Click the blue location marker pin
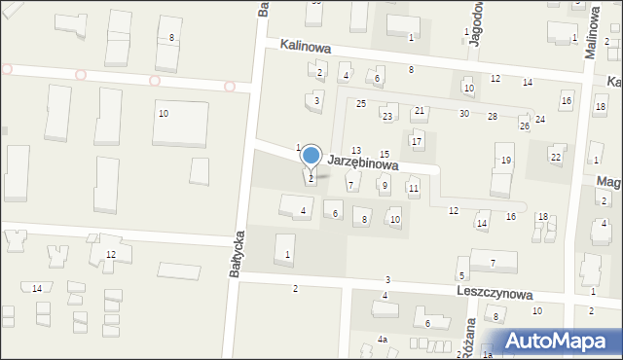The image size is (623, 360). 311,156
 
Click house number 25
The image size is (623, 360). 360,104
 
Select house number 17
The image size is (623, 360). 417,142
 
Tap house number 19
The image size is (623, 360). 505,160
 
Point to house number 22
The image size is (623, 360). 556,157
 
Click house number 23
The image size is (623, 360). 387,117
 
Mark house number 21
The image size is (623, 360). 420,111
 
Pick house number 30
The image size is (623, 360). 464,114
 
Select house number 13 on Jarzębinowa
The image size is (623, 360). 356,150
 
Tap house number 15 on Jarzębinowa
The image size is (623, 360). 385,154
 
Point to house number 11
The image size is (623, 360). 414,188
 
